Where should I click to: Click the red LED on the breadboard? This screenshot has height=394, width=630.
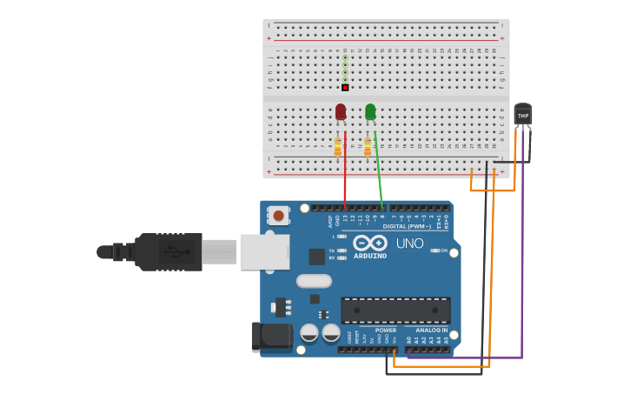tap(341, 111)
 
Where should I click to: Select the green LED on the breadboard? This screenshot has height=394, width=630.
tap(370, 111)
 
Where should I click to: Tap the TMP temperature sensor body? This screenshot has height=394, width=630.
tap(522, 115)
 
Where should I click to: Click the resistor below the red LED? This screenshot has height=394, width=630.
tap(338, 147)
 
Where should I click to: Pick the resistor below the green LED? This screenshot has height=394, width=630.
tap(368, 147)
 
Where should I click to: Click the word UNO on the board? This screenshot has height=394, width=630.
tap(409, 244)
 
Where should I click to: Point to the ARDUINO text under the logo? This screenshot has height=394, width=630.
tap(369, 256)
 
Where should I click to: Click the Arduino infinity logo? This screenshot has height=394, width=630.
tap(369, 243)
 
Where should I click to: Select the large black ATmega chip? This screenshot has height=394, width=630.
tap(395, 310)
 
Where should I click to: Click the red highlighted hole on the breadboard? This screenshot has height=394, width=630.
tap(345, 88)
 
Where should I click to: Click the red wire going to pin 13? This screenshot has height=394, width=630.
tap(345, 174)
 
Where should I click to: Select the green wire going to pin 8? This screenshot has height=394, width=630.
tap(378, 174)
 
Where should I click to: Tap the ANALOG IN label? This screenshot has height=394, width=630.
tap(432, 331)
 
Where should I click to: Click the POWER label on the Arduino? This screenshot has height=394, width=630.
tap(385, 331)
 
